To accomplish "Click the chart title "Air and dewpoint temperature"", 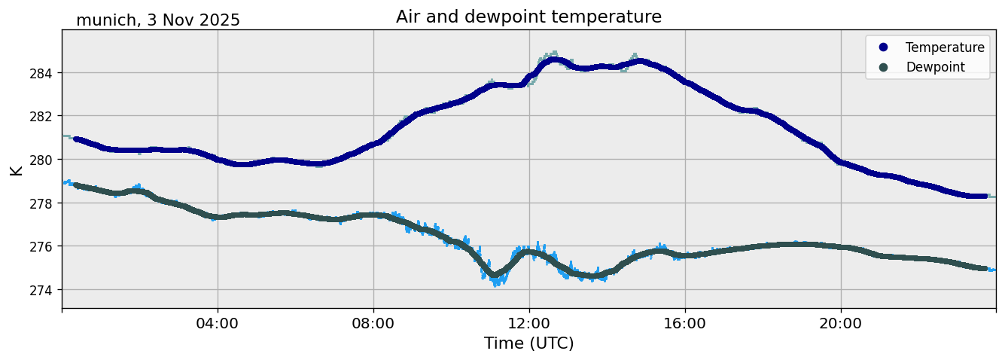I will [x=528, y=17].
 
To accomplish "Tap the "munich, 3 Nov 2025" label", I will [x=158, y=20].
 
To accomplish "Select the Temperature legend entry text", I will [x=945, y=47].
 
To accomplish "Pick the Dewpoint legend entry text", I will [x=935, y=67].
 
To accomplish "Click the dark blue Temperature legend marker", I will [x=883, y=47].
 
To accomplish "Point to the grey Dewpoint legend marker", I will [x=883, y=67].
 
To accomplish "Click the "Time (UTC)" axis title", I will [x=528, y=343].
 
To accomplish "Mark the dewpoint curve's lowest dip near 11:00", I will [x=495, y=276].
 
